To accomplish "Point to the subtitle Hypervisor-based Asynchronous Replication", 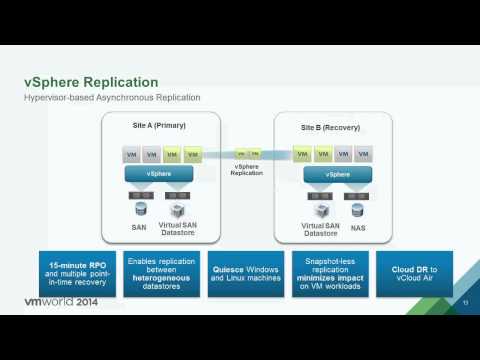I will pos(111,97).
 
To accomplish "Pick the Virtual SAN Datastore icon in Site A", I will pos(178,211).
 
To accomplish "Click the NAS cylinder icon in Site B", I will pos(355,211).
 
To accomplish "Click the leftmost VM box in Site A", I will pos(131,155).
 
